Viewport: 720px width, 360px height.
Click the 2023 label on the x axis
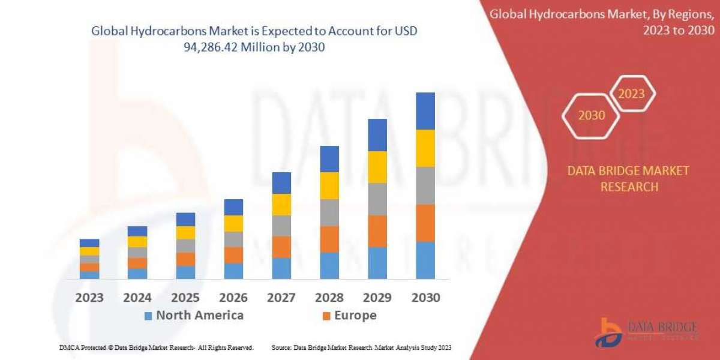coord(89,298)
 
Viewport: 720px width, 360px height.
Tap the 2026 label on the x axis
coord(233,298)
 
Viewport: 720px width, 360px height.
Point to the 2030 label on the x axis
coord(425,298)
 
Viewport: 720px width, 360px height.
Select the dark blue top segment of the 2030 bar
coord(425,111)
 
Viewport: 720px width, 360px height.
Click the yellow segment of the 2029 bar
coord(377,167)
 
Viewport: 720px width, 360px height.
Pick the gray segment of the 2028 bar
coord(329,212)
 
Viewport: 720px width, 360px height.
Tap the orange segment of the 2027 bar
coord(281,247)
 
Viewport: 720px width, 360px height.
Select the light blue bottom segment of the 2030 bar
coord(425,260)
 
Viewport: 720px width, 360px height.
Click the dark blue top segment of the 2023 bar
coord(89,243)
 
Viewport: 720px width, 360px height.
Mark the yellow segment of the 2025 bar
coord(185,233)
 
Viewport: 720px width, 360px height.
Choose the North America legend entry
coord(194,316)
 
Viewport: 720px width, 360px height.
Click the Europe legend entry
coord(349,316)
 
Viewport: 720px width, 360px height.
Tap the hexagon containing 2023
coord(631,94)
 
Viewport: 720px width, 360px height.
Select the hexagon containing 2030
coord(591,115)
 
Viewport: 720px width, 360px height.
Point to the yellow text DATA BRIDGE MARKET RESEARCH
coord(628,179)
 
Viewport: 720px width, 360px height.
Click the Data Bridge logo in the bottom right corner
coord(646,332)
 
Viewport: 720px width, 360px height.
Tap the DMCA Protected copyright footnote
coord(156,347)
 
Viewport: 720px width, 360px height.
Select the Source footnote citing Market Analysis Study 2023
coord(361,347)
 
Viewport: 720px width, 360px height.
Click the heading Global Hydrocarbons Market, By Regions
coord(604,22)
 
